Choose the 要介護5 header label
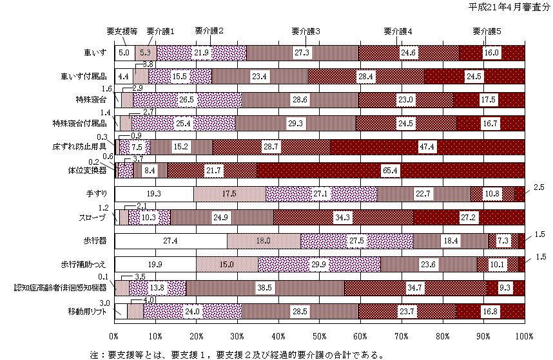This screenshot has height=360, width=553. click(487, 31)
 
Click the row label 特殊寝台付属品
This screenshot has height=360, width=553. click(82, 123)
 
